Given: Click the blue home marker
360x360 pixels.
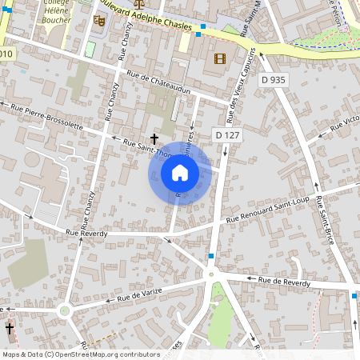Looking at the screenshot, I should (x=179, y=172).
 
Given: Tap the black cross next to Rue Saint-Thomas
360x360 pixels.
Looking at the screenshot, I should (x=154, y=139).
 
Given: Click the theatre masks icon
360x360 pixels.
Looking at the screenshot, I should (x=99, y=20).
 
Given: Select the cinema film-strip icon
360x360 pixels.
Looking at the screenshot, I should (x=219, y=58).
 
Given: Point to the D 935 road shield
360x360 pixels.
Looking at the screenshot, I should (x=273, y=79).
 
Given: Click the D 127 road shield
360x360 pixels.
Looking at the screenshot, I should (x=228, y=135).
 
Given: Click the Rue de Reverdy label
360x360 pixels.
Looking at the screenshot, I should (x=283, y=280).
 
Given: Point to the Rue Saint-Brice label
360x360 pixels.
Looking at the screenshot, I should (x=323, y=219).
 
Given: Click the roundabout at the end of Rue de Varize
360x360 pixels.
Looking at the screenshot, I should (x=65, y=310).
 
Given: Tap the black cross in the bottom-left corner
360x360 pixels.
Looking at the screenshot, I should (x=10, y=329).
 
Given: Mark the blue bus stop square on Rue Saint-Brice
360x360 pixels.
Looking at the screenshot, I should (x=354, y=296).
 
